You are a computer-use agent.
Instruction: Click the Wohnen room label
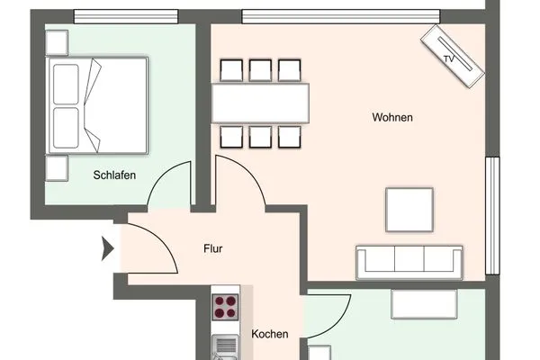[x=392, y=118]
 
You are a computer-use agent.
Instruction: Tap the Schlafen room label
[x=114, y=175]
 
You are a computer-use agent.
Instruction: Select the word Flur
[x=212, y=248]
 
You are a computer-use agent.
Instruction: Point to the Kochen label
[x=270, y=334]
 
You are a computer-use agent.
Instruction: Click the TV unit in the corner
[x=453, y=56]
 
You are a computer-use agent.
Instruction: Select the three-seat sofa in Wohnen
[x=409, y=263]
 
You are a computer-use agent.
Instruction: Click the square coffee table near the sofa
[x=409, y=210]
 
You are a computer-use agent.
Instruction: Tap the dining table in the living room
[x=260, y=103]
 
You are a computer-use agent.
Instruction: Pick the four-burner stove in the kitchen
[x=225, y=307]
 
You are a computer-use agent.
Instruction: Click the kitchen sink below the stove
[x=225, y=347]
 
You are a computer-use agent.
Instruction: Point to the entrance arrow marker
[x=107, y=248]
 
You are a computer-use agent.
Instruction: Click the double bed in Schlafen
[x=98, y=105]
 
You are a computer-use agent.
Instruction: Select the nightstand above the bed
[x=57, y=42]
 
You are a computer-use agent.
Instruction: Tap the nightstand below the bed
[x=57, y=168]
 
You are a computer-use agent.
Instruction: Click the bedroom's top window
[x=126, y=16]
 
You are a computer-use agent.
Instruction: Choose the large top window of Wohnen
[x=341, y=16]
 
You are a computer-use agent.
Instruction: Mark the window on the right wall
[x=492, y=216]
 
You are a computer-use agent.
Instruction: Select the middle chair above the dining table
[x=260, y=70]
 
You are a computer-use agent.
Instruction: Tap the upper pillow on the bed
[x=66, y=84]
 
